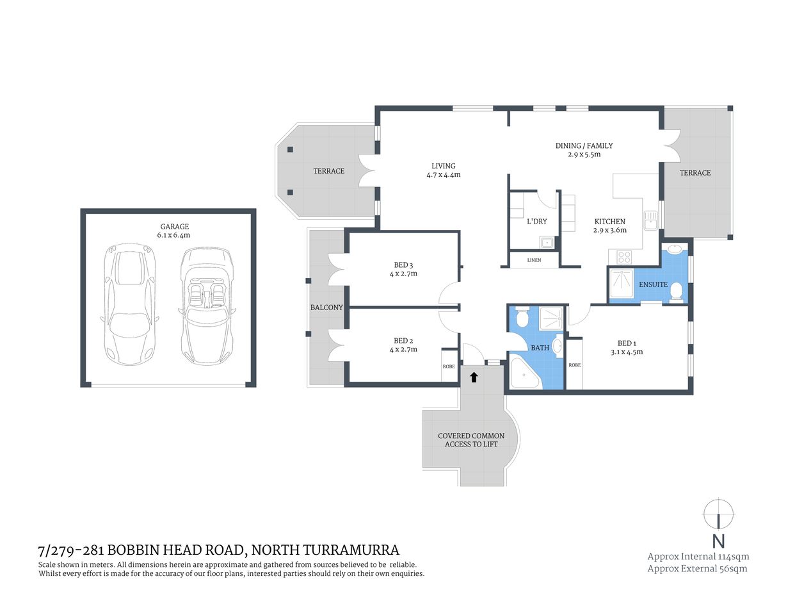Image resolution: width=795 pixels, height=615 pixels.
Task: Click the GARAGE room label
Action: (x=174, y=226)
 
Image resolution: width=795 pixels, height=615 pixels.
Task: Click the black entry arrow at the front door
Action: (x=474, y=377)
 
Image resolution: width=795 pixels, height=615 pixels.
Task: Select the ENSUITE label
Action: (x=653, y=284)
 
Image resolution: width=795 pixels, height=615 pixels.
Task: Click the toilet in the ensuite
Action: (x=676, y=292)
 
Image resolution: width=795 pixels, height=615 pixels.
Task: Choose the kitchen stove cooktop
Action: (x=623, y=258)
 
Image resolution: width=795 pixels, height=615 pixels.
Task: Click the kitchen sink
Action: (x=651, y=220)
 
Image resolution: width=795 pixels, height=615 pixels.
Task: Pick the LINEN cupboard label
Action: (x=534, y=260)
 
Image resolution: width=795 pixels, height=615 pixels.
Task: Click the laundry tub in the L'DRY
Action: (x=547, y=242)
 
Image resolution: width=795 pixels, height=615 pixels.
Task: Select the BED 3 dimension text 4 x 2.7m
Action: (x=403, y=274)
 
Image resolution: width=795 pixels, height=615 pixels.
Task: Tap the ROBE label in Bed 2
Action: (x=449, y=366)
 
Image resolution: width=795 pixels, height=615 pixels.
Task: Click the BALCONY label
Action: (x=326, y=307)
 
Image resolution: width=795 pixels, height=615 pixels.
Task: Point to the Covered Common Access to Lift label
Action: (x=471, y=439)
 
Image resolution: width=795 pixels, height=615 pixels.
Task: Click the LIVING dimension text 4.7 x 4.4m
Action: (x=444, y=174)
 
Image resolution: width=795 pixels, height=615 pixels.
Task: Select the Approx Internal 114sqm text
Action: (x=698, y=557)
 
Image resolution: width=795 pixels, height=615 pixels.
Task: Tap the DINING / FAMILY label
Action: (x=584, y=145)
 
